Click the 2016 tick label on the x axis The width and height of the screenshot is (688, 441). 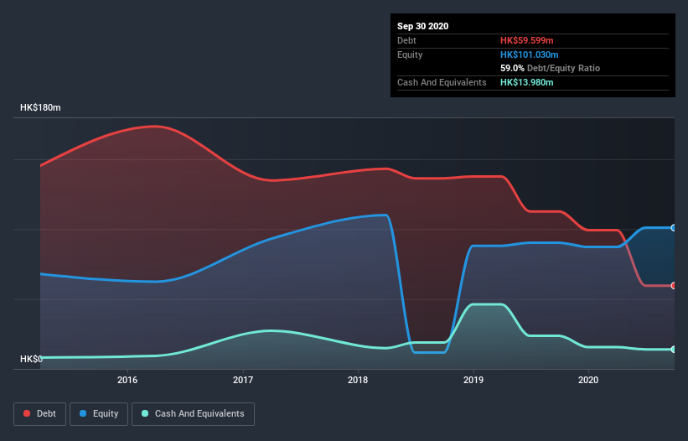[x=127, y=381]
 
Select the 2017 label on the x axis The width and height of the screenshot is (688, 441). [x=243, y=381]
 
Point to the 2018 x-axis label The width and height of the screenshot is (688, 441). [x=358, y=381]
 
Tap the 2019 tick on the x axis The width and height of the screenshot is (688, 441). [x=473, y=381]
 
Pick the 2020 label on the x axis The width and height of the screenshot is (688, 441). [x=588, y=381]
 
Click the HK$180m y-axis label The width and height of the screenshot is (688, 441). [x=41, y=108]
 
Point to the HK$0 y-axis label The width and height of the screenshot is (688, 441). [x=31, y=359]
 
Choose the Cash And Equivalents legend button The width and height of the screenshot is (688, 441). [x=193, y=413]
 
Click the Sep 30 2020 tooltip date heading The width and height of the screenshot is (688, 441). [x=422, y=26]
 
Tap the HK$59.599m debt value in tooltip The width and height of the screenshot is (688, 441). [x=527, y=40]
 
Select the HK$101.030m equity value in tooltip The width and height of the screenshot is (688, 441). [x=529, y=54]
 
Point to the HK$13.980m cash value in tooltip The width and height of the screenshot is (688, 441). [x=527, y=82]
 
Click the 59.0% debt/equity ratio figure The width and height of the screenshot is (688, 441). [x=512, y=68]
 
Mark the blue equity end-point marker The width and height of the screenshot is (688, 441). [x=674, y=228]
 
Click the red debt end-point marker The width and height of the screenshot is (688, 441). [x=674, y=286]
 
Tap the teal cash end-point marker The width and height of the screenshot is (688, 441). [x=674, y=350]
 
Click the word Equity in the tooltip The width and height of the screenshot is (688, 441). [x=410, y=54]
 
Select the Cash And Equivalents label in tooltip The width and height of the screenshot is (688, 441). [x=442, y=82]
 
